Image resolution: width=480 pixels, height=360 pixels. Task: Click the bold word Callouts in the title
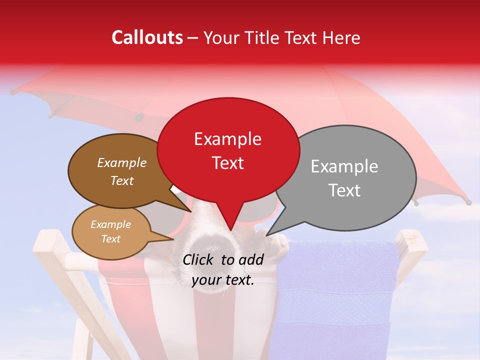pos(147,37)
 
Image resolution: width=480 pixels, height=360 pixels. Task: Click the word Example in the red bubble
pos(227,138)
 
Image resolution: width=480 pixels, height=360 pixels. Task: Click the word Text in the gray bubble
pos(344,190)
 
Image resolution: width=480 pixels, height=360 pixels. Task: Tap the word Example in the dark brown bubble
pos(121,162)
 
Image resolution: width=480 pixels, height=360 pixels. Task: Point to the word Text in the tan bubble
pos(111,239)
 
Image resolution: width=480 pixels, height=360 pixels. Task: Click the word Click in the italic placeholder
pos(199,259)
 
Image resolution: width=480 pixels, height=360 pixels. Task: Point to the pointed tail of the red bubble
pos(230,225)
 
